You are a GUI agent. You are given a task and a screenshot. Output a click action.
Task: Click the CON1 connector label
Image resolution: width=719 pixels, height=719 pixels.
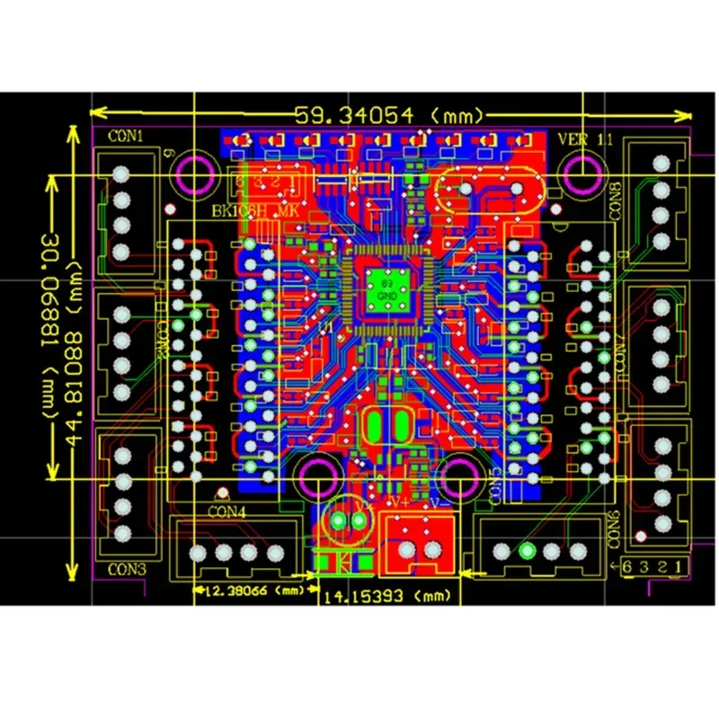tap(127, 137)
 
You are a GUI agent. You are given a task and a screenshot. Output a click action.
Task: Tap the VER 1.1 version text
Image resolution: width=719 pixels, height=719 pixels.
tap(585, 139)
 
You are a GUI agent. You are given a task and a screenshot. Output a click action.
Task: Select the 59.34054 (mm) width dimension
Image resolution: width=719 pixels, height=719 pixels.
tap(391, 115)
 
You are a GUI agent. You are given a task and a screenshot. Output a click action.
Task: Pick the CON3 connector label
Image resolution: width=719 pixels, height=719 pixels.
tap(126, 568)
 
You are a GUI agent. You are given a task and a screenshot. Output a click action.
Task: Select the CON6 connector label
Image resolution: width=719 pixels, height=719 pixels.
tap(614, 529)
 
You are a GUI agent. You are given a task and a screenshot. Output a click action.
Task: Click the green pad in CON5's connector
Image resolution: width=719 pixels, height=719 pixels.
tap(527, 550)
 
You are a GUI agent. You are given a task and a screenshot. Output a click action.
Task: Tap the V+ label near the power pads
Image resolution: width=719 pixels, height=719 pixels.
tap(392, 506)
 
